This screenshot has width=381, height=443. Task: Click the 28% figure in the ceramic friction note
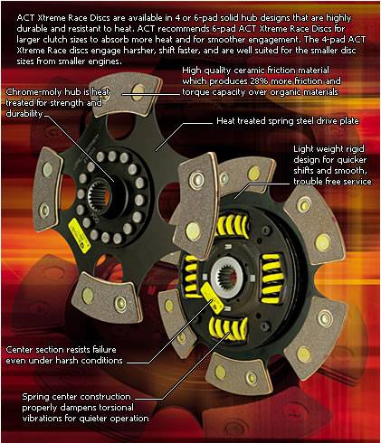pyautogui.click(x=258, y=81)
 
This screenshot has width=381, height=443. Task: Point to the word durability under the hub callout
pyautogui.click(x=24, y=114)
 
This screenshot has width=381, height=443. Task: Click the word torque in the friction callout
pyautogui.click(x=195, y=92)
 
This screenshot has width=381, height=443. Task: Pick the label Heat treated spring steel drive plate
pyautogui.click(x=288, y=121)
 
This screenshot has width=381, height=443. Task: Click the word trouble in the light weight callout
pyautogui.click(x=308, y=182)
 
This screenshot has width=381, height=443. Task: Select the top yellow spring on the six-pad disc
pyautogui.click(x=231, y=226)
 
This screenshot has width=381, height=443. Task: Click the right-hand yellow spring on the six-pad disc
pyautogui.click(x=272, y=278)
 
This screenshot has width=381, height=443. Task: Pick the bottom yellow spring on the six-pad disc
pyautogui.click(x=228, y=327)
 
